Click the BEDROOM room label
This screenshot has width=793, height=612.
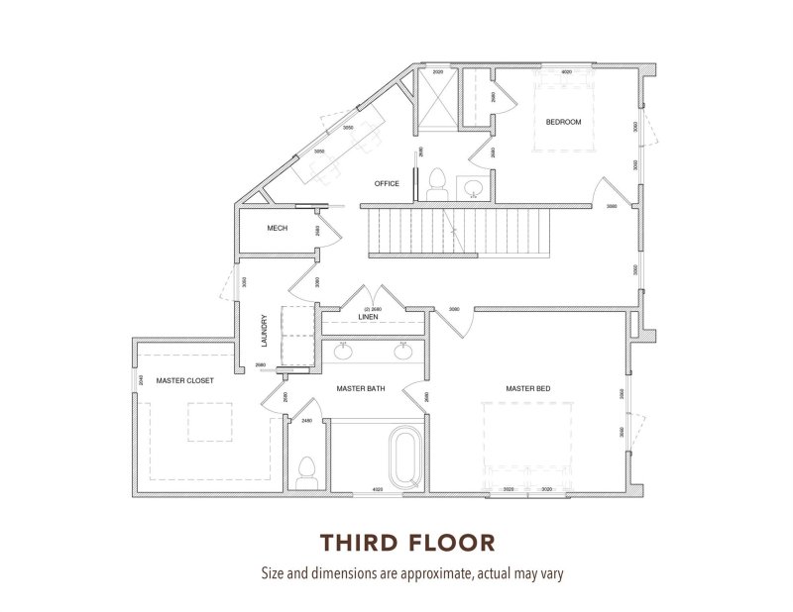563,122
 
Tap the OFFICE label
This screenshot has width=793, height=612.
387,183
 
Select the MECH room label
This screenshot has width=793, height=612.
278,229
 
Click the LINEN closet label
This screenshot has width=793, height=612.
368,317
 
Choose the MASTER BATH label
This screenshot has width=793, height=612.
361,388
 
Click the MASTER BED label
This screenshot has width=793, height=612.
527,388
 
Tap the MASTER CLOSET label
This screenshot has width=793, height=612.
187,379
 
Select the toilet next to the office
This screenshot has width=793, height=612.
435,182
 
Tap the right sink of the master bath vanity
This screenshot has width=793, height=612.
403,350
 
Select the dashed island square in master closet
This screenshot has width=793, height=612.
209,424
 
